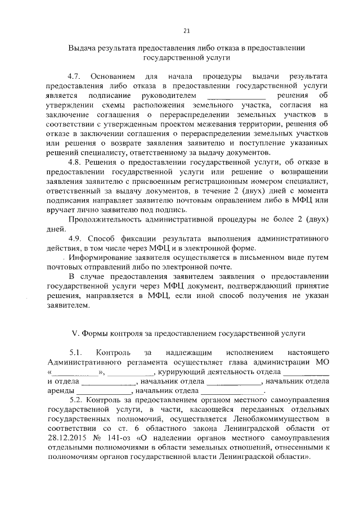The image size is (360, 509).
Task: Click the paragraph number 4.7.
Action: click(x=75, y=75)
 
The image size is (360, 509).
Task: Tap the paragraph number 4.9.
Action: click(x=75, y=237)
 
